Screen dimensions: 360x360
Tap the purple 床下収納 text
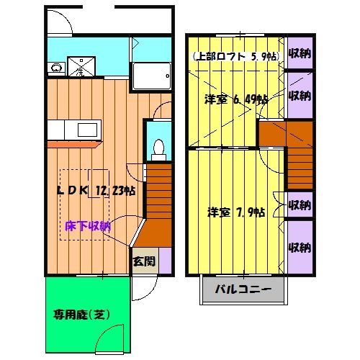pos(87,226)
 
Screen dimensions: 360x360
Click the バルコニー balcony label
pos(242,292)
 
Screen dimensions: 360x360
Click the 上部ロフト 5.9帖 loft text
pos(233,56)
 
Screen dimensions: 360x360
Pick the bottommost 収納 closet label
pos(299,248)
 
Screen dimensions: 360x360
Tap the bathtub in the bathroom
pos(151,75)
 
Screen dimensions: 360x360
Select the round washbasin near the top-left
pos(55,69)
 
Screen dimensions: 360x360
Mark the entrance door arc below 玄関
pos(141,289)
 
